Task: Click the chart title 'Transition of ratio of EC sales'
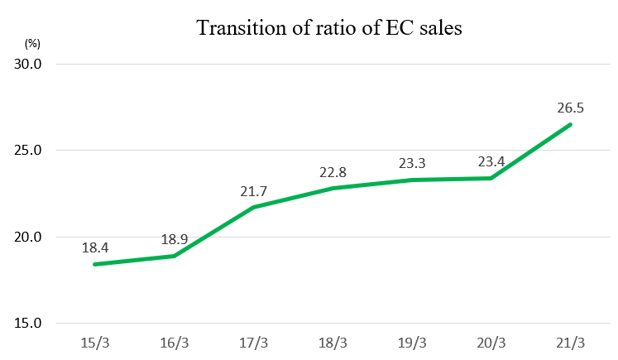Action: pyautogui.click(x=329, y=28)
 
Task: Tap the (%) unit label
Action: pyautogui.click(x=32, y=43)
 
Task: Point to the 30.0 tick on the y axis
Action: pyautogui.click(x=27, y=64)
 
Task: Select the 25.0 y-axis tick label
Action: pyautogui.click(x=27, y=151)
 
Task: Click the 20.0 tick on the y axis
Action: pyautogui.click(x=27, y=237)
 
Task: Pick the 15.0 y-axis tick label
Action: pyautogui.click(x=27, y=324)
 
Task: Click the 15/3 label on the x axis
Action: pyautogui.click(x=95, y=343)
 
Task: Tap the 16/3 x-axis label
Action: pyautogui.click(x=175, y=343)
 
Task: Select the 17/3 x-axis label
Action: pyautogui.click(x=253, y=343)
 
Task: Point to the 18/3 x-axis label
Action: pyautogui.click(x=333, y=343)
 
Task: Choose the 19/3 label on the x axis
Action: pyautogui.click(x=412, y=343)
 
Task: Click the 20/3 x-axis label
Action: pyautogui.click(x=491, y=343)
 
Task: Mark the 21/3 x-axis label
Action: pyautogui.click(x=570, y=343)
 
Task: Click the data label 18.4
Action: pyautogui.click(x=95, y=247)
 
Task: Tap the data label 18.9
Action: pyautogui.click(x=175, y=239)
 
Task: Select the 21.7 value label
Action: pyautogui.click(x=253, y=191)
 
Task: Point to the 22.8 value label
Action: pyautogui.click(x=333, y=172)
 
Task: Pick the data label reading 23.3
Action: pyautogui.click(x=412, y=163)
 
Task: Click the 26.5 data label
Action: pyautogui.click(x=570, y=108)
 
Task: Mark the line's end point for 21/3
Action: pyautogui.click(x=570, y=125)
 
